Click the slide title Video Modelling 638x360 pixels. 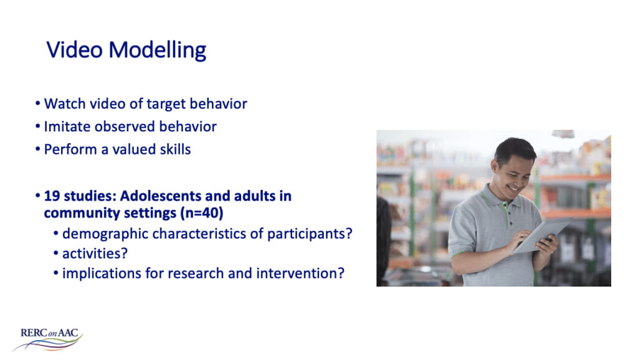point(126,50)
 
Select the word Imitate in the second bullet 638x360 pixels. point(65,126)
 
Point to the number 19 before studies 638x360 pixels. point(51,196)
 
